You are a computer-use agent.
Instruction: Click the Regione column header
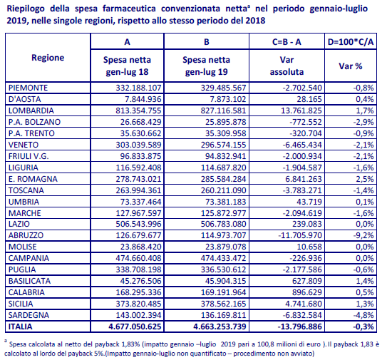tap(48, 58)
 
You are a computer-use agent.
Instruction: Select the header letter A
tap(127, 42)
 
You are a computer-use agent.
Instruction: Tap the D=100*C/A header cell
tap(351, 42)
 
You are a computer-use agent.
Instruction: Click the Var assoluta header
tap(287, 66)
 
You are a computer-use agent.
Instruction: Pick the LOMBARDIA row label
tap(31, 110)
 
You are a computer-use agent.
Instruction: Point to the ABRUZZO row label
tap(26, 235)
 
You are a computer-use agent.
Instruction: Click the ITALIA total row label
tap(21, 326)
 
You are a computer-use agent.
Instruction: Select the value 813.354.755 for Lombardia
tap(138, 110)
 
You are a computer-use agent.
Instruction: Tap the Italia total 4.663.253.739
tap(220, 326)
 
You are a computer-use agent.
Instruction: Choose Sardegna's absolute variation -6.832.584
tap(302, 315)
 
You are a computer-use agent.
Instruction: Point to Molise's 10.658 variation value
tap(309, 247)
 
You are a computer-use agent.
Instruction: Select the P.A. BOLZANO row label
tap(34, 122)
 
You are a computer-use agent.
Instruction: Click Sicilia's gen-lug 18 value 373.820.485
tap(138, 304)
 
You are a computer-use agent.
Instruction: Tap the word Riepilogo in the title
tap(26, 9)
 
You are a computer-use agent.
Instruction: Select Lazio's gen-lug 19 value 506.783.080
tap(223, 224)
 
